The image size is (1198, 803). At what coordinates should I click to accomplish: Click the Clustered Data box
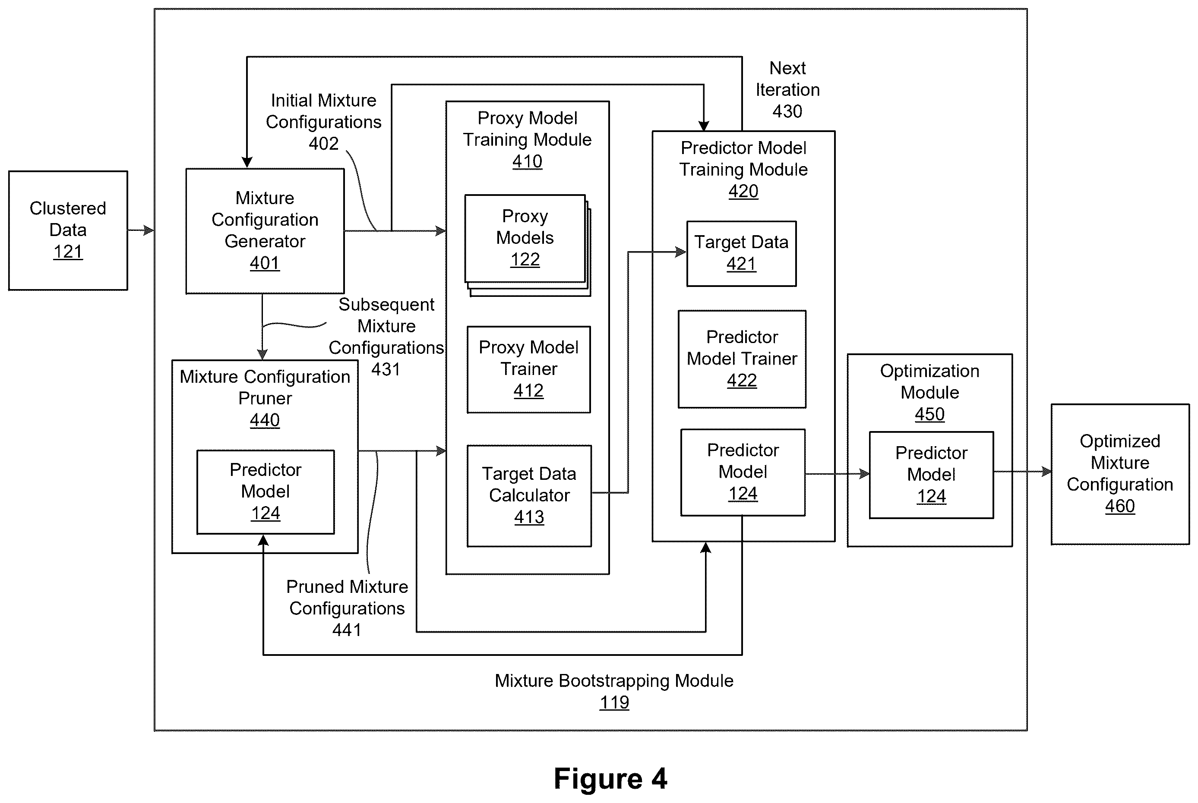pos(68,230)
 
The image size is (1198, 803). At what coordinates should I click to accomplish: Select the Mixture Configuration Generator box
pos(265,231)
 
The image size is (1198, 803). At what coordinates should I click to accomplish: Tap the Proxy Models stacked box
pos(527,245)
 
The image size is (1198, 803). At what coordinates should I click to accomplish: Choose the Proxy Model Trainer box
pos(529,369)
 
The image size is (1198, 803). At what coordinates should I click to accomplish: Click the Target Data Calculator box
pos(529,496)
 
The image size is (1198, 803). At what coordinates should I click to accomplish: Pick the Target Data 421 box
pos(741,253)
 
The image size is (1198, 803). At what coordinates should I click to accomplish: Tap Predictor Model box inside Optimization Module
pos(931,475)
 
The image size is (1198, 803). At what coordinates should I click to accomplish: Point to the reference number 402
pos(323,143)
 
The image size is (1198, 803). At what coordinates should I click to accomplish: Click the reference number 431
pos(386,369)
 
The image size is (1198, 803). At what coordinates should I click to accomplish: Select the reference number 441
pos(347,630)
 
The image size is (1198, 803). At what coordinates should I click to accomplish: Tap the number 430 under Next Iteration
pos(787,111)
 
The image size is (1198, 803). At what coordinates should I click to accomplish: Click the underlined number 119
pos(614,702)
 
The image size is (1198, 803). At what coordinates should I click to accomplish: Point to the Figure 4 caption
pos(610,779)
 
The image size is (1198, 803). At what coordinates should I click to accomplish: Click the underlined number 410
pos(527,161)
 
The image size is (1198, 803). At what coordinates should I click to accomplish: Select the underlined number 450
pos(929,414)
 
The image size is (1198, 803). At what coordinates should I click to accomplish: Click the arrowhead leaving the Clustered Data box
pos(149,230)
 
